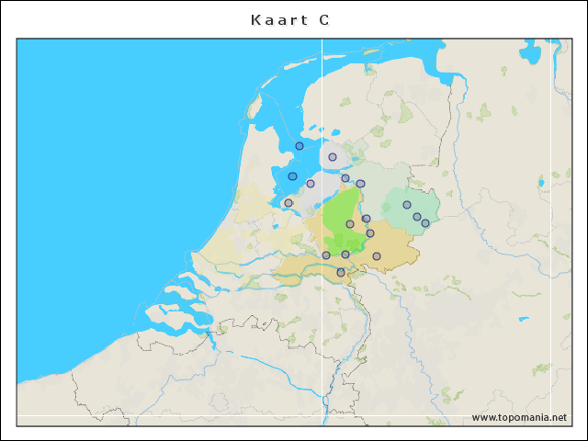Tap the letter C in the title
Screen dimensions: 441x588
tap(324, 19)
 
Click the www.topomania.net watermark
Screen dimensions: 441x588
tap(519, 418)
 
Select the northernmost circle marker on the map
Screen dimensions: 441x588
tap(300, 146)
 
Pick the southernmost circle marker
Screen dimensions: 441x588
tap(341, 272)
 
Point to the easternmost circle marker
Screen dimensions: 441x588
tap(425, 223)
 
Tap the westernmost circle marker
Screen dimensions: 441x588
tap(288, 203)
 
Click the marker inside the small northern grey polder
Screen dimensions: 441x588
tap(333, 157)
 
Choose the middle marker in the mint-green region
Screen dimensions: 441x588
tap(417, 217)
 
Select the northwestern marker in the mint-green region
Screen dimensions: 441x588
tap(407, 205)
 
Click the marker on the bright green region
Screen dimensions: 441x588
tap(350, 224)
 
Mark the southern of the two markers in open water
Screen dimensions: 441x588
tap(292, 176)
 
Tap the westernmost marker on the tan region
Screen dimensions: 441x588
tap(326, 255)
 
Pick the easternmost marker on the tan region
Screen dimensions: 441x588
tap(377, 256)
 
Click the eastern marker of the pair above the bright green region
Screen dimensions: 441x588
tap(360, 183)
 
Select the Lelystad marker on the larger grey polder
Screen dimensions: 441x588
tap(311, 184)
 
